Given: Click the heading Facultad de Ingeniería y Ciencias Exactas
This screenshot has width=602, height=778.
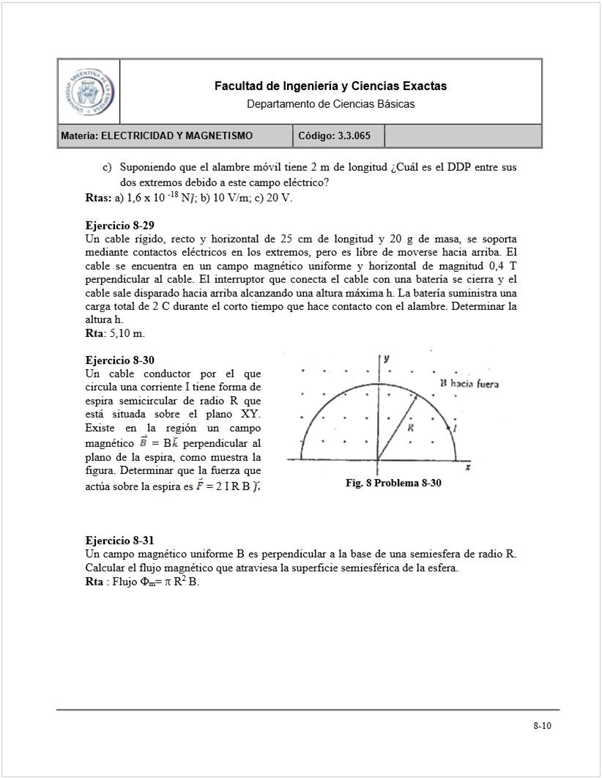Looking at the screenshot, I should click(330, 86).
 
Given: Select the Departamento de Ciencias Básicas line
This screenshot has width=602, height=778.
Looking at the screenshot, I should click(330, 104).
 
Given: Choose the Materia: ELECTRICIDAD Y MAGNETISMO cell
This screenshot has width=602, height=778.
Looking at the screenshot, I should click(157, 136).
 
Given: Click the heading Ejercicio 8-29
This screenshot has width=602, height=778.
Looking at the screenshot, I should click(119, 226).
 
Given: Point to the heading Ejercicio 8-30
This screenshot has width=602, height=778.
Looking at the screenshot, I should click(119, 360).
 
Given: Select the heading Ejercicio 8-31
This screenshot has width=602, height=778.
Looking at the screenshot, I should click(119, 541).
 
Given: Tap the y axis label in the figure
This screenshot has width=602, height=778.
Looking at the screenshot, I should click(386, 358).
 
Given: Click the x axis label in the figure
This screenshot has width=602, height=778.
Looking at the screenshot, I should click(467, 467).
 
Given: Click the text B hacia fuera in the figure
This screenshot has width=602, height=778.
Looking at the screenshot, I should click(469, 383).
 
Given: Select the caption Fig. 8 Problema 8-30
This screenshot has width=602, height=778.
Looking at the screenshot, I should click(393, 484).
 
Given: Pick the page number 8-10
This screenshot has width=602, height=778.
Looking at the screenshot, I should click(542, 726).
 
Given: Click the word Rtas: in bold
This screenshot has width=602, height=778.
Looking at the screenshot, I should click(98, 198).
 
